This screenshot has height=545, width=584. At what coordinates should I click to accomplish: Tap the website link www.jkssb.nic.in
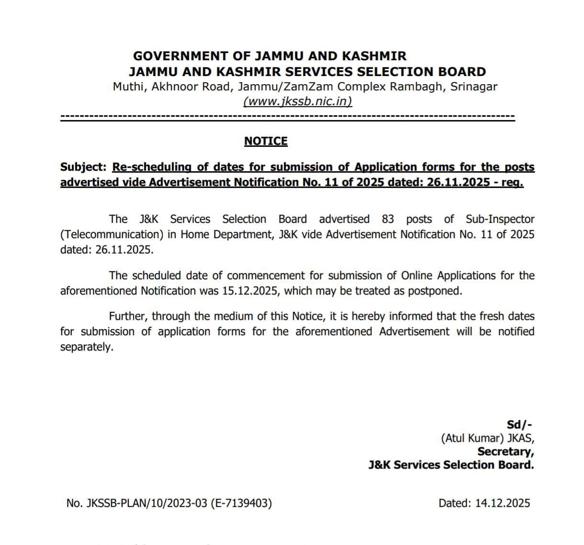[297, 101]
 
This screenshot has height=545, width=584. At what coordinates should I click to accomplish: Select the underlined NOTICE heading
[266, 141]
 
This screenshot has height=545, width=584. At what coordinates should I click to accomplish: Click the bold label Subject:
[83, 167]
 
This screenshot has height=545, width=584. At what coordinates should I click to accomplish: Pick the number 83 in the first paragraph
[388, 219]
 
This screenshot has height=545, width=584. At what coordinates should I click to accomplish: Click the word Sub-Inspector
[500, 219]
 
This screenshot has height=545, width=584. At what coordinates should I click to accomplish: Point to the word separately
[86, 347]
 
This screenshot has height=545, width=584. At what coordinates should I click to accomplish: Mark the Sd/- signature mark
[519, 425]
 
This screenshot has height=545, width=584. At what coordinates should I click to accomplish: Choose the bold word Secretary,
[505, 451]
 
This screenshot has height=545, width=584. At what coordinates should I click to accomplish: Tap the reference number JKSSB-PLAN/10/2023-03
[146, 503]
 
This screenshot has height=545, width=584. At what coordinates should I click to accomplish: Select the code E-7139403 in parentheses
[241, 503]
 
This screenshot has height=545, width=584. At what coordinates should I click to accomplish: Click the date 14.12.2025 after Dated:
[503, 503]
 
